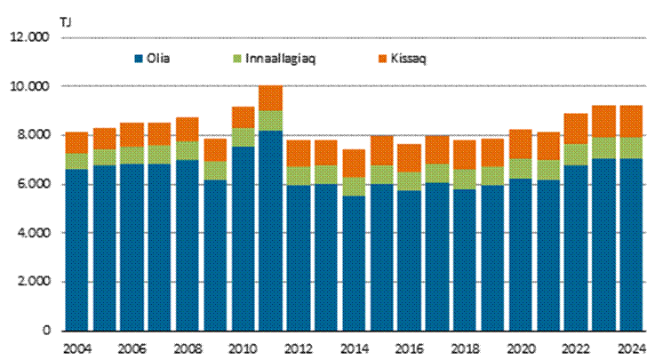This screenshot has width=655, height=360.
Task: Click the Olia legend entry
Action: click(x=154, y=59)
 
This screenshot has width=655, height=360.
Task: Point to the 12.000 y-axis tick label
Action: click(x=29, y=38)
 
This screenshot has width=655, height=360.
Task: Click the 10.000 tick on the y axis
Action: click(x=29, y=87)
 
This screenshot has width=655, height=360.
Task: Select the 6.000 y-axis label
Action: click(x=32, y=185)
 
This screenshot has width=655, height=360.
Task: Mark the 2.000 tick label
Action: click(x=32, y=282)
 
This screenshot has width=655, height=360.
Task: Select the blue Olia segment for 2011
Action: click(x=270, y=231)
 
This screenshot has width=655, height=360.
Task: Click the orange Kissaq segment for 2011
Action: click(x=270, y=98)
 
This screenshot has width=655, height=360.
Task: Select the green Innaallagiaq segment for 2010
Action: click(x=243, y=137)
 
